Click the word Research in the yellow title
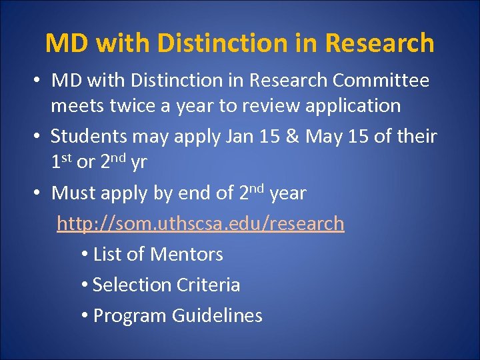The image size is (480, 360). click(380, 43)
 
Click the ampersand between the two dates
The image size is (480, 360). click(293, 137)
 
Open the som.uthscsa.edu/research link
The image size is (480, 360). click(201, 223)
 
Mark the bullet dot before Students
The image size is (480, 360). click(39, 137)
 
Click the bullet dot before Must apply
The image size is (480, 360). click(39, 193)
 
